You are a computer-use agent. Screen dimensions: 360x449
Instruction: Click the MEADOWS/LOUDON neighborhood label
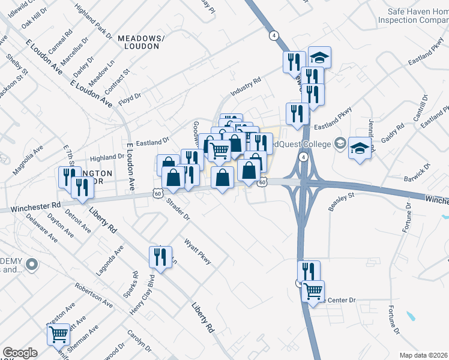click(139, 41)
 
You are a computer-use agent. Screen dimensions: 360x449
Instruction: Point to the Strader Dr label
click(178, 209)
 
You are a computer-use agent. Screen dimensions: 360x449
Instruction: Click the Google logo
click(20, 353)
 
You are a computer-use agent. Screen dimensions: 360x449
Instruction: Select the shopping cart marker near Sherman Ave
click(59, 334)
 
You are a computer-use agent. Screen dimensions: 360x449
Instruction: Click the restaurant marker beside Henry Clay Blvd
click(160, 257)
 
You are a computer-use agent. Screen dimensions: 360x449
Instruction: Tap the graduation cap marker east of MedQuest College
click(360, 148)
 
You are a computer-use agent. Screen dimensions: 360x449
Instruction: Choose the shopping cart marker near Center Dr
click(313, 292)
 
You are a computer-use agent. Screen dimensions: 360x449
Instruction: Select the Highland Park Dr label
click(94, 21)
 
